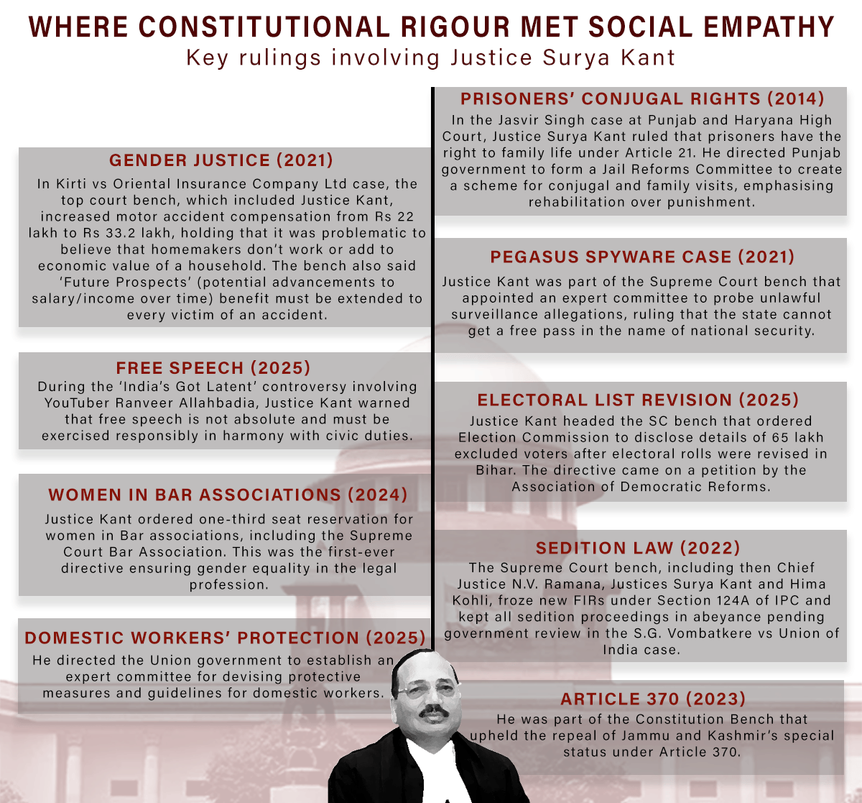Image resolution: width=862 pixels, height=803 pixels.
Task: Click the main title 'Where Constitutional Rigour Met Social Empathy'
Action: point(431,27)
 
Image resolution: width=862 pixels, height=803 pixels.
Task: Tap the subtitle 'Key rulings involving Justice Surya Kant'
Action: point(431,58)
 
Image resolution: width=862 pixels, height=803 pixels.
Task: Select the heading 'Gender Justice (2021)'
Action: point(221,160)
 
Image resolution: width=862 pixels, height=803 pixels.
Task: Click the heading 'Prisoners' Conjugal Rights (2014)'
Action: point(642,99)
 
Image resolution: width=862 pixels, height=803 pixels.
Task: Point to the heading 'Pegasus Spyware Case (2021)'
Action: point(642,257)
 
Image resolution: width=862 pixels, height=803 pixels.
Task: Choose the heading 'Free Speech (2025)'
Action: point(213,368)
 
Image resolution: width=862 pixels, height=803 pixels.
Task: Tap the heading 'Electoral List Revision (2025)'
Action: point(638,400)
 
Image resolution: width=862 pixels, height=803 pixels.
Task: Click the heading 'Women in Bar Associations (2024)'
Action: point(228,495)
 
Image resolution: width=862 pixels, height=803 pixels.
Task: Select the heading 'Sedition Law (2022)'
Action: point(638,549)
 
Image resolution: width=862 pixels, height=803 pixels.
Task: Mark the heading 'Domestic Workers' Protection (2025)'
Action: point(226,638)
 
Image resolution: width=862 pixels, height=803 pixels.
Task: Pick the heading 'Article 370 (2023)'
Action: point(653,699)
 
